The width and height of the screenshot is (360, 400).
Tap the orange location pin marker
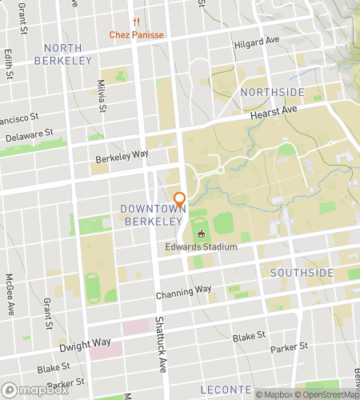pyautogui.click(x=180, y=200)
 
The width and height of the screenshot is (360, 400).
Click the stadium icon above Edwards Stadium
pyautogui.click(x=202, y=233)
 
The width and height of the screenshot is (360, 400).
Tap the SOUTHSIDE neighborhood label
pyautogui.click(x=302, y=273)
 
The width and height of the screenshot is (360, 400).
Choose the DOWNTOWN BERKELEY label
pyautogui.click(x=152, y=214)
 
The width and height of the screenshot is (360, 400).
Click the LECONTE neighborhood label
pyautogui.click(x=226, y=389)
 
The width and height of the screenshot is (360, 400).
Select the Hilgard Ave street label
pyautogui.click(x=257, y=39)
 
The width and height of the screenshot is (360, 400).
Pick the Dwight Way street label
pyautogui.click(x=84, y=343)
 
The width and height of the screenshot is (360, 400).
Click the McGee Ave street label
pyautogui.click(x=9, y=295)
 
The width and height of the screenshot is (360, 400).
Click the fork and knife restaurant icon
pyautogui.click(x=138, y=22)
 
